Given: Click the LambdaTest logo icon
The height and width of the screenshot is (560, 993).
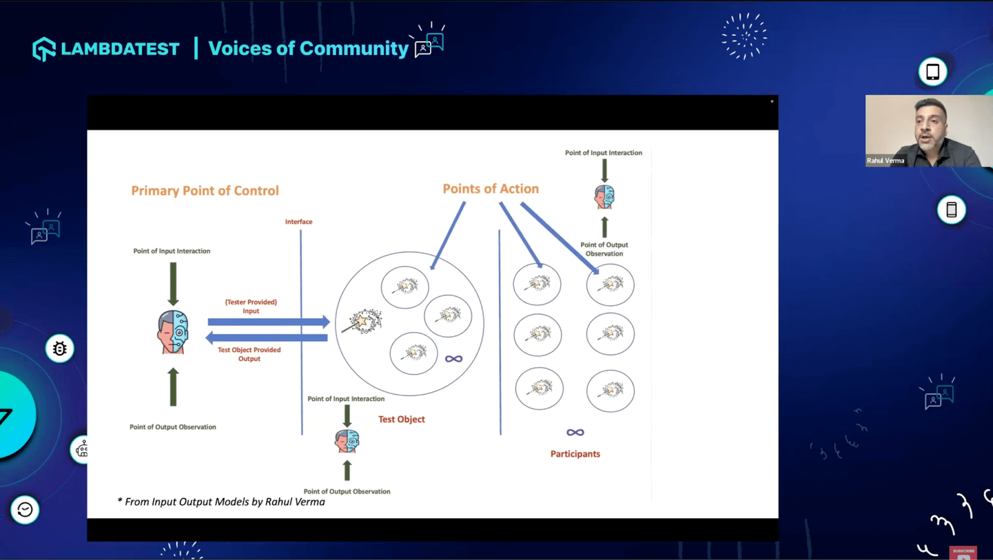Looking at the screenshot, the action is [44, 49].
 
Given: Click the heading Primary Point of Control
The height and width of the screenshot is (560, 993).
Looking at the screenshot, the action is [205, 191].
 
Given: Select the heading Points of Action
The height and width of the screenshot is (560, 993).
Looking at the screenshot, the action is [490, 189].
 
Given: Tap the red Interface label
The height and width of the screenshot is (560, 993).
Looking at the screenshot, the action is [299, 222].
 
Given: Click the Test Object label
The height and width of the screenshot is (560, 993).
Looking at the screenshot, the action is [402, 420].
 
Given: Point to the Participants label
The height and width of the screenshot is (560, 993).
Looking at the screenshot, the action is [575, 454].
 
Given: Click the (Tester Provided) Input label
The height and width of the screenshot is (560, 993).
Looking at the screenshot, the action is [251, 306].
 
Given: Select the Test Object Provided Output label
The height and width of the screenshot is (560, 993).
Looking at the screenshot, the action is [249, 354].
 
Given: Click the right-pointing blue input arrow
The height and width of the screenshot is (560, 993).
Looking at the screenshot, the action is [268, 322].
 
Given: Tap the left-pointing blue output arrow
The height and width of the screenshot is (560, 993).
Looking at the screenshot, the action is [267, 338].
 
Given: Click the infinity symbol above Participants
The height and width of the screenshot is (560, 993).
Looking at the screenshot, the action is [575, 432].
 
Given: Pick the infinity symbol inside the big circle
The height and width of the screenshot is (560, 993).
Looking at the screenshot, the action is [454, 359].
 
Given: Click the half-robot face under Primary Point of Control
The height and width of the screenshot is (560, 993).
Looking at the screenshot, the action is [173, 332].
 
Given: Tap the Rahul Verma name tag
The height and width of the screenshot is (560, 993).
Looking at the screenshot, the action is [885, 161].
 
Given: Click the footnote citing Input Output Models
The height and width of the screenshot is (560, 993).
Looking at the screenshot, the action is [222, 502].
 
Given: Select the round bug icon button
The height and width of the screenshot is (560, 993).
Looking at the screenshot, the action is [60, 349].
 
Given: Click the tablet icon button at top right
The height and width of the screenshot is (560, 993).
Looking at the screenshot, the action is [932, 72].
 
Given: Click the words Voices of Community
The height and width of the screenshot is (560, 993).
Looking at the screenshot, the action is [308, 48].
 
